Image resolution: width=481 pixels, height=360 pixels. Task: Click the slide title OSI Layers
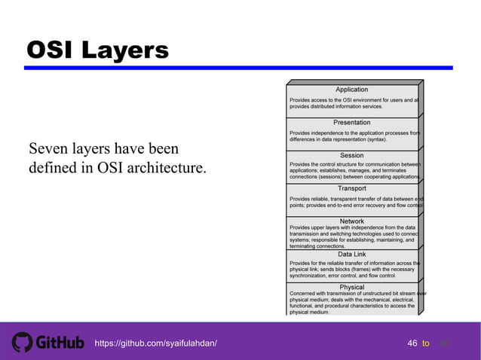(x=98, y=50)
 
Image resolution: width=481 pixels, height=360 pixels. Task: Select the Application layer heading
(x=351, y=90)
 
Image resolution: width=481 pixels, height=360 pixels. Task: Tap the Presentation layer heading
(x=351, y=122)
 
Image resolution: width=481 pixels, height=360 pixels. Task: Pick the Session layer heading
(x=351, y=155)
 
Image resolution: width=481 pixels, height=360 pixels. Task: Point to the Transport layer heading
(x=351, y=188)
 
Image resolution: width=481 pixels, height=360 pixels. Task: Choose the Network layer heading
(x=351, y=221)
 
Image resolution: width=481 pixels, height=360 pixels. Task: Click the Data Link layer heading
(x=351, y=255)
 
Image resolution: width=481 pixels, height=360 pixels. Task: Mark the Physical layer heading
(x=351, y=287)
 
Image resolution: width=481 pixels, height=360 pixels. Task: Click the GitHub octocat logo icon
(x=22, y=343)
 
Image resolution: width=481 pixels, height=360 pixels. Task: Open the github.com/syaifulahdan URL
(x=156, y=343)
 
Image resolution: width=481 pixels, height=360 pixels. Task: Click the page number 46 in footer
(x=412, y=343)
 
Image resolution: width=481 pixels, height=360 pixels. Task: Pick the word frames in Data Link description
(x=356, y=269)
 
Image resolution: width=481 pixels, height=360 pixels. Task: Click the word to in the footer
(x=426, y=343)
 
